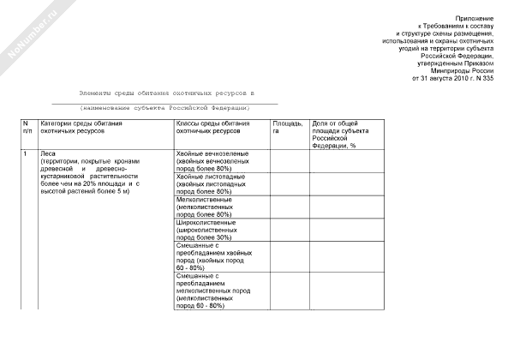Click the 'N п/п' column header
click(x=27, y=129)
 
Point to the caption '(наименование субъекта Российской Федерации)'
click(x=165, y=108)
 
